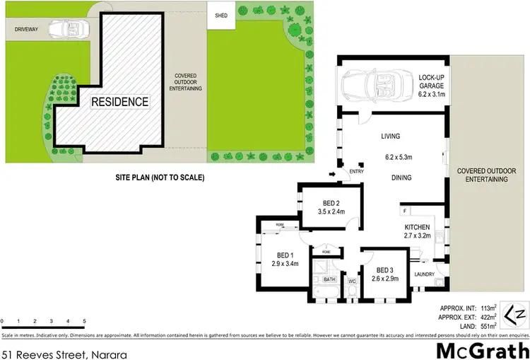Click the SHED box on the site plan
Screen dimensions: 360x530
(x=221, y=16)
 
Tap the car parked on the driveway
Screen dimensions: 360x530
(x=73, y=30)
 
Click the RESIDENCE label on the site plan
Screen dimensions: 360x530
(x=119, y=102)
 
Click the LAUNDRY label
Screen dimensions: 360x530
(x=424, y=274)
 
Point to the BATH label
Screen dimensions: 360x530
(x=329, y=280)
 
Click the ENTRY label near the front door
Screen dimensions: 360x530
(x=355, y=170)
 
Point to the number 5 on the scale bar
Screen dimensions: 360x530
(x=84, y=321)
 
